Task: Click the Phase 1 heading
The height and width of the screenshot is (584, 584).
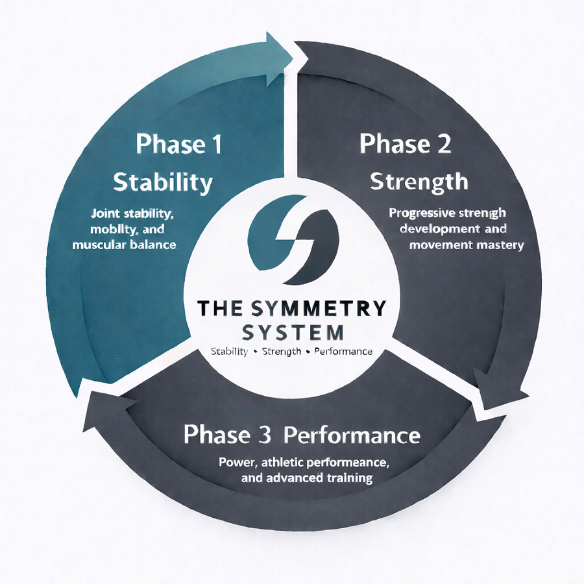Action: coord(178,145)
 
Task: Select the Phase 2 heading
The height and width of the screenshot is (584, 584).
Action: coord(406,144)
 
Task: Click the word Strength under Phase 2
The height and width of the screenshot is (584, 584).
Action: coord(419,181)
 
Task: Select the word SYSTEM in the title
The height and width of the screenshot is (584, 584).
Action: coord(291,332)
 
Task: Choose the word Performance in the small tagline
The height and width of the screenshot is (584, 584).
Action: coord(343,352)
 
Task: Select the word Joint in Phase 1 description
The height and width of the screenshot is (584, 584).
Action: coord(104,213)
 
